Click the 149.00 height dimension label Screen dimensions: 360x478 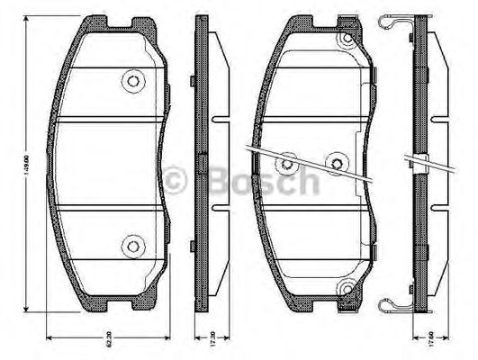[28, 166]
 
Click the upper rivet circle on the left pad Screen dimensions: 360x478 [132, 81]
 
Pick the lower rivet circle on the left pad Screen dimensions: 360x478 [132, 242]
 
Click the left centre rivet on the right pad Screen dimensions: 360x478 [287, 163]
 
